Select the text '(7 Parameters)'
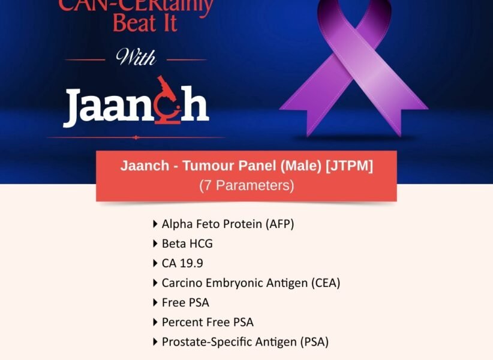(246, 185)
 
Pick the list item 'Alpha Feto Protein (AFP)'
(228, 224)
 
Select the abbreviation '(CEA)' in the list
(324, 283)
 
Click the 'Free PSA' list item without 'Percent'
(185, 302)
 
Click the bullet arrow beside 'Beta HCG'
(156, 244)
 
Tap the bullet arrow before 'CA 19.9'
(156, 263)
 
